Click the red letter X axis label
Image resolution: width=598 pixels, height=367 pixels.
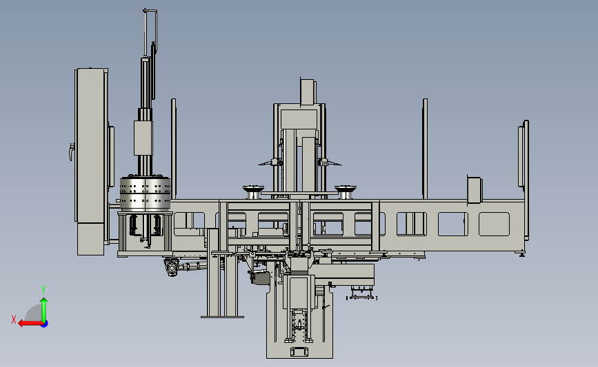(14, 319)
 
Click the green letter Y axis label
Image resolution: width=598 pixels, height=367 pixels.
(43, 290)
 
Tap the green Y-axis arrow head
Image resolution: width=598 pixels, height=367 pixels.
(44, 301)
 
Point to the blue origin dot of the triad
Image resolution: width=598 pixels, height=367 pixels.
(45, 324)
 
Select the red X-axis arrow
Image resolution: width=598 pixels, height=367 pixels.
(30, 324)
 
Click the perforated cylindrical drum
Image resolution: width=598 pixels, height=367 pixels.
(145, 193)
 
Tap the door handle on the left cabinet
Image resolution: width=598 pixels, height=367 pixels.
(71, 151)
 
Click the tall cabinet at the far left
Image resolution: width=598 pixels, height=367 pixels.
(91, 162)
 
